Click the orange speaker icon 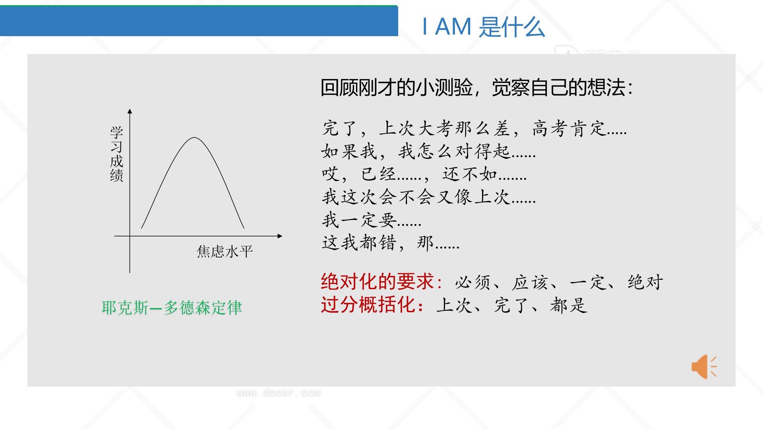[x=704, y=366]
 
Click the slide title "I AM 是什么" [x=483, y=27]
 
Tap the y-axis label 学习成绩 [x=116, y=154]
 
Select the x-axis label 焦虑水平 [x=225, y=251]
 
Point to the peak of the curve [x=194, y=138]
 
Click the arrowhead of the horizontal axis [x=280, y=236]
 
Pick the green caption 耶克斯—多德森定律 [x=172, y=308]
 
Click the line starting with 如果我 [x=428, y=151]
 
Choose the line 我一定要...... [x=371, y=220]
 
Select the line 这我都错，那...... [x=390, y=243]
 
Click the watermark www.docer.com [x=279, y=392]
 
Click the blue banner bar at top [x=199, y=21]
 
